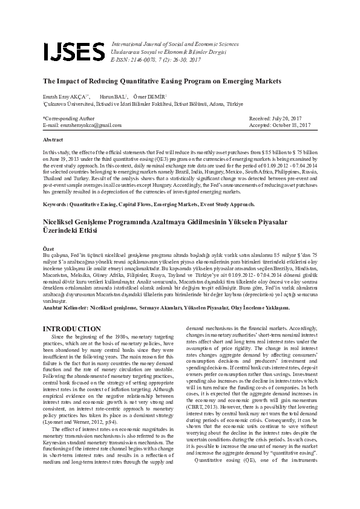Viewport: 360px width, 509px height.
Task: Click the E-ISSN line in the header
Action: tap(148, 61)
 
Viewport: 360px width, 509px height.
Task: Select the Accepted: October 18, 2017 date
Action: tap(280, 125)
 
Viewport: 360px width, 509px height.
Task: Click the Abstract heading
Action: tap(53, 139)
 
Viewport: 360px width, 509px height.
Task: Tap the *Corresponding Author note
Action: tap(68, 118)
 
